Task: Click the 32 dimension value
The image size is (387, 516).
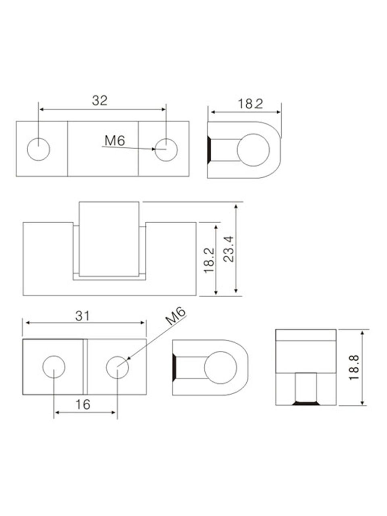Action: coord(100,101)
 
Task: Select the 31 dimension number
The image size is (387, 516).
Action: coord(82,316)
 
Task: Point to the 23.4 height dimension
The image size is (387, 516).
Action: coord(229,249)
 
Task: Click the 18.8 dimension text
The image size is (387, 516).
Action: coord(354,367)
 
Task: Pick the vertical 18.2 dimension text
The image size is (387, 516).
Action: coord(209,260)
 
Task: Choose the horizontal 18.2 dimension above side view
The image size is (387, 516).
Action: coord(250,104)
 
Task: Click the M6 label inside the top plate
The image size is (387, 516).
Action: coord(114,141)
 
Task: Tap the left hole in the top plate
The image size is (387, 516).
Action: coord(39,149)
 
